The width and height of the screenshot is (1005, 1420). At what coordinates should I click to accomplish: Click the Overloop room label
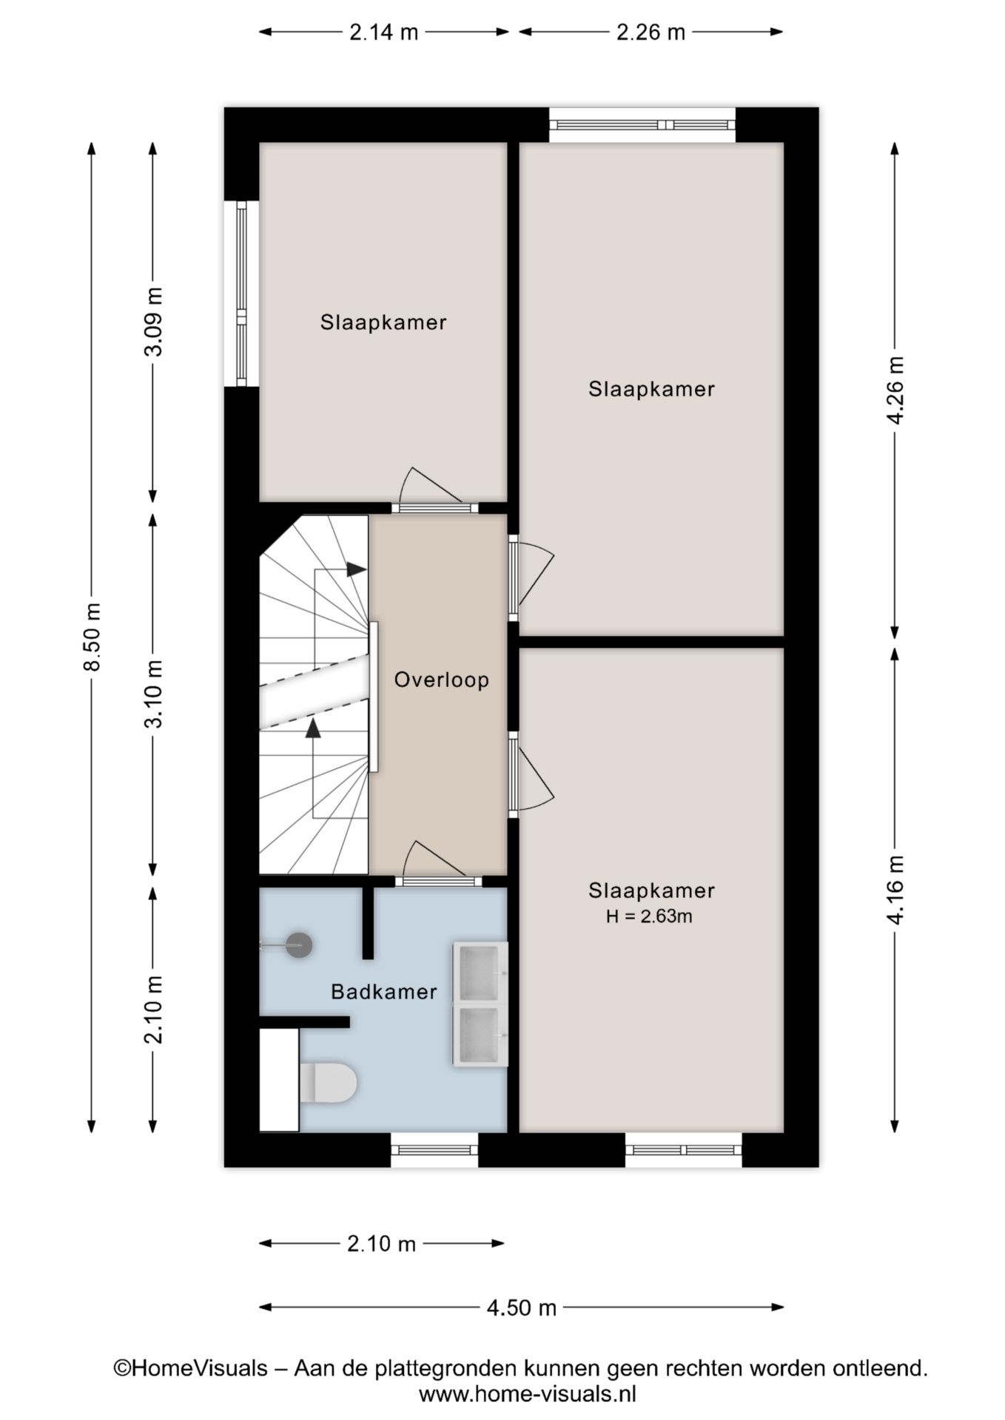pyautogui.click(x=441, y=680)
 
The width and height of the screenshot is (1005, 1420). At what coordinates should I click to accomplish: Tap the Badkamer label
pyautogui.click(x=383, y=992)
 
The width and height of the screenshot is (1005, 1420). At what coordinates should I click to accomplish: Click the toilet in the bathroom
pyautogui.click(x=329, y=1083)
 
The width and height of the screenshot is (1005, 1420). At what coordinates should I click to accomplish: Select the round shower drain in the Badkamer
pyautogui.click(x=299, y=944)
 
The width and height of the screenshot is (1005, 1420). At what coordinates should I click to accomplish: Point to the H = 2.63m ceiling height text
pyautogui.click(x=649, y=916)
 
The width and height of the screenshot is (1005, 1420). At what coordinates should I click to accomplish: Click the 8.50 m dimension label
pyautogui.click(x=92, y=638)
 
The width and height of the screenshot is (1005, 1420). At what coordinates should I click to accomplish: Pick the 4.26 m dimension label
pyautogui.click(x=895, y=390)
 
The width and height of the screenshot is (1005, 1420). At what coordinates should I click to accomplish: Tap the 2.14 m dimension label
pyautogui.click(x=384, y=32)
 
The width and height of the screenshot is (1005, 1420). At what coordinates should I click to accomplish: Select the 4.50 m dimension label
pyautogui.click(x=521, y=1308)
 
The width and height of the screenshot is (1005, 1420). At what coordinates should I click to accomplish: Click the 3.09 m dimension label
pyautogui.click(x=153, y=322)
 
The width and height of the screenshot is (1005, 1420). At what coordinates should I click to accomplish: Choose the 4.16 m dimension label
pyautogui.click(x=895, y=890)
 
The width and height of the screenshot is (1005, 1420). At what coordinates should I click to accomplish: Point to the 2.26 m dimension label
pyautogui.click(x=651, y=32)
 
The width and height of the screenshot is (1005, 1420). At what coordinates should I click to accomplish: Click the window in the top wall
pyautogui.click(x=642, y=125)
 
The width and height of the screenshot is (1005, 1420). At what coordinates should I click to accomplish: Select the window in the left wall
pyautogui.click(x=241, y=294)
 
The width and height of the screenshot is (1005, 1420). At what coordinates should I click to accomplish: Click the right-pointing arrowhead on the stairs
pyautogui.click(x=357, y=569)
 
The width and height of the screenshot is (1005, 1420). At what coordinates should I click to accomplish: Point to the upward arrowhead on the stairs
pyautogui.click(x=313, y=728)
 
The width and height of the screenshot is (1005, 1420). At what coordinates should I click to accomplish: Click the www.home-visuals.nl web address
pyautogui.click(x=527, y=1394)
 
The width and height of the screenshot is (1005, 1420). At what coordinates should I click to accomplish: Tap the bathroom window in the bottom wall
pyautogui.click(x=434, y=1149)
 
